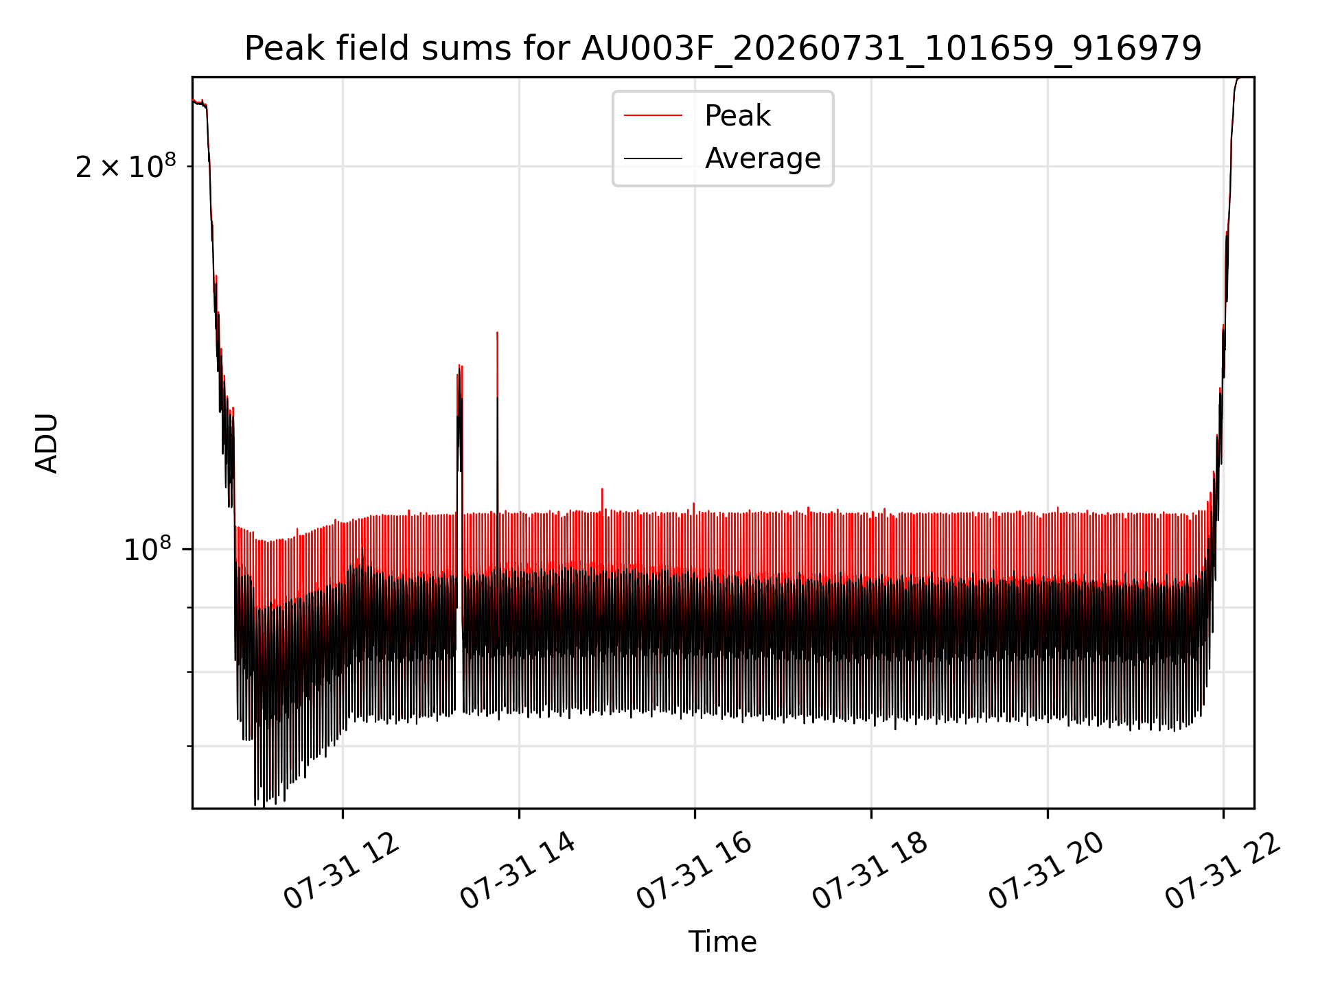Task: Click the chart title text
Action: (x=723, y=49)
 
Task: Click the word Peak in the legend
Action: (x=738, y=116)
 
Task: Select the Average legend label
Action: (x=763, y=158)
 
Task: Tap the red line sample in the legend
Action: (x=653, y=116)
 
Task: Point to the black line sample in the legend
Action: (x=653, y=158)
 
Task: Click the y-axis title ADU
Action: (x=47, y=443)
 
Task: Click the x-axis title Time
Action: (x=723, y=942)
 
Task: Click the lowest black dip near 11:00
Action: (x=264, y=804)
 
